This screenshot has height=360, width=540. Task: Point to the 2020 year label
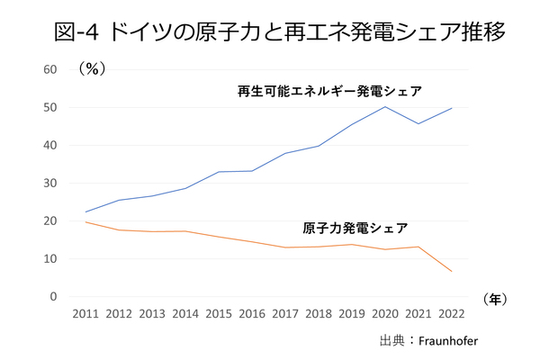pos(385,315)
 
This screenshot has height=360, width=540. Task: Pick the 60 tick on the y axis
pos(49,69)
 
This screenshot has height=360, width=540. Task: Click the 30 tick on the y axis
pos(49,183)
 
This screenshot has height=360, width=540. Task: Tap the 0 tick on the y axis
pos(53,296)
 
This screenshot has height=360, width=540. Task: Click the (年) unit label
pos(496,298)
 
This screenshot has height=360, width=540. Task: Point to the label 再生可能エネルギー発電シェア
pos(329,91)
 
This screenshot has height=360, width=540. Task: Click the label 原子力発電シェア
pos(355,227)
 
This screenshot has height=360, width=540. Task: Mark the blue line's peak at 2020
pos(385,107)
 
